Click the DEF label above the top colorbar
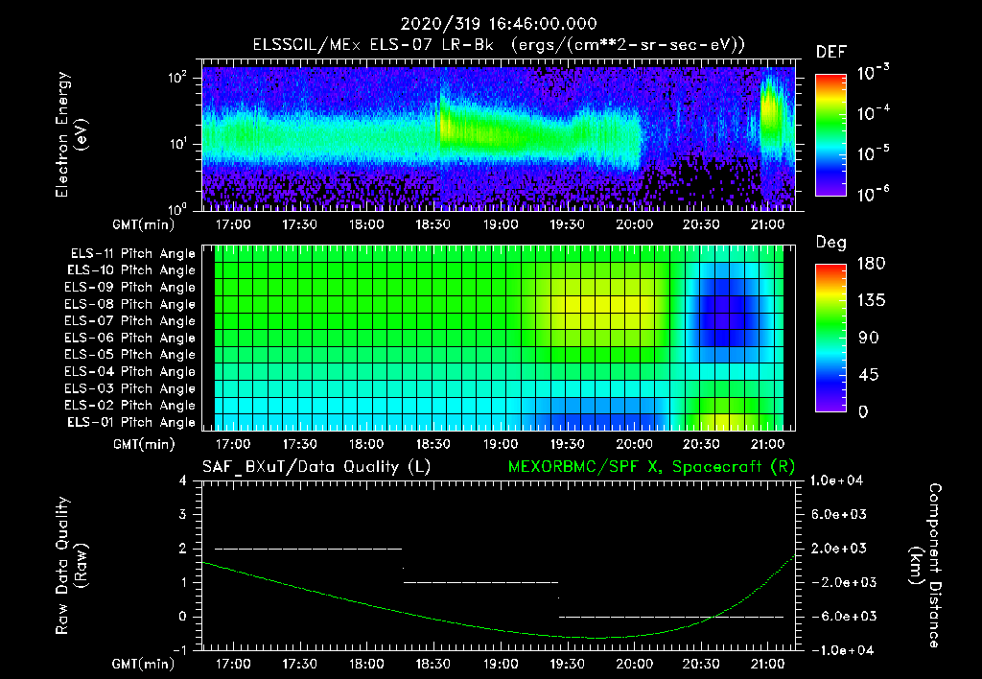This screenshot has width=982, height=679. [x=830, y=52]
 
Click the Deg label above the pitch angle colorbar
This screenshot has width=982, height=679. [x=830, y=244]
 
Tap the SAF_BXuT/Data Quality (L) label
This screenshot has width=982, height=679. [x=316, y=466]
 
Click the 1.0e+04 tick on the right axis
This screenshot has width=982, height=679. [x=840, y=480]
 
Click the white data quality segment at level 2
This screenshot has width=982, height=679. [x=308, y=549]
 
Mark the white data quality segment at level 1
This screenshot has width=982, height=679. [x=480, y=582]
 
